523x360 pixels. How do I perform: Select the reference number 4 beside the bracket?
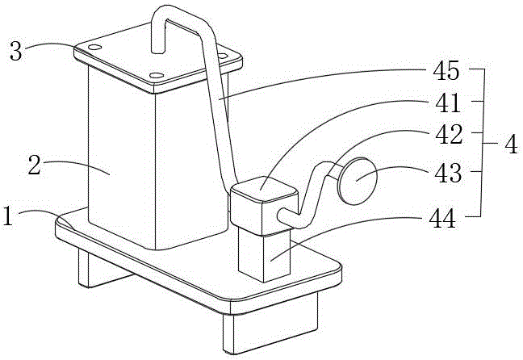coord(509,146)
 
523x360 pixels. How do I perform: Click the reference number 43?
coord(446,172)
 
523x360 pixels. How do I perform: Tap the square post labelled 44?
coord(265,257)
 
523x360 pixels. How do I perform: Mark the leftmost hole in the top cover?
coord(95,48)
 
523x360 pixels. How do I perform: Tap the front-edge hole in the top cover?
coord(157,77)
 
